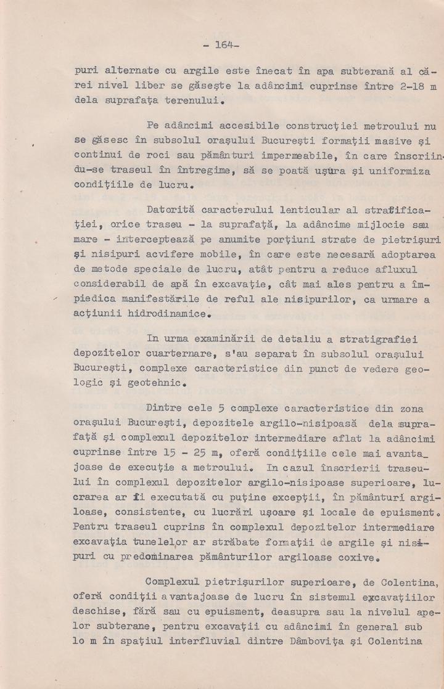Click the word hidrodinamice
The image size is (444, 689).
point(163,314)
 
